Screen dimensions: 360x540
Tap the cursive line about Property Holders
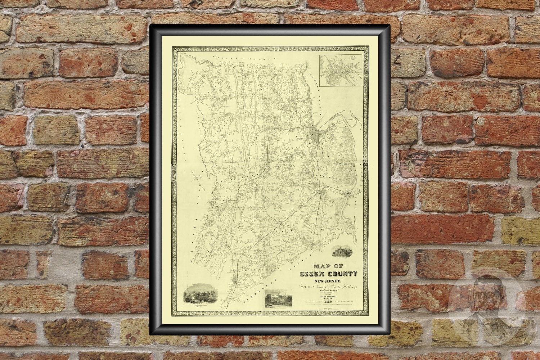tap(327, 287)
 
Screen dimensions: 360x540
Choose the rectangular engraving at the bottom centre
tap(278, 298)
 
